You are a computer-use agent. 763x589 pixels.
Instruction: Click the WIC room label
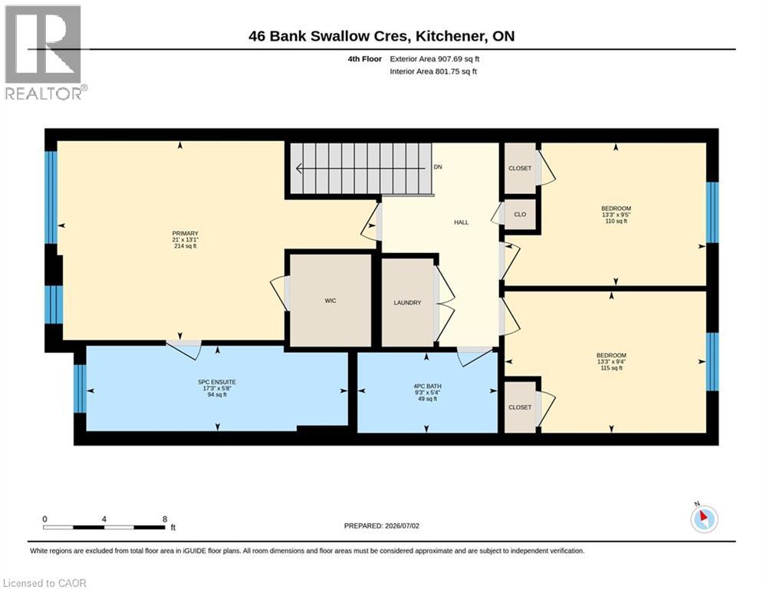tap(331, 301)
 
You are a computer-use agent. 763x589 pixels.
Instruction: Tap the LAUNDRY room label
tap(407, 303)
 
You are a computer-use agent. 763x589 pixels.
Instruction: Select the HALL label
tap(462, 222)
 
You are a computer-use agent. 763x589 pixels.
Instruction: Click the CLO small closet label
tap(520, 214)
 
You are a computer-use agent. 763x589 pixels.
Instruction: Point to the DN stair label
tap(438, 167)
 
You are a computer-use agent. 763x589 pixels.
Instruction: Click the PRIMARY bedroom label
tap(186, 234)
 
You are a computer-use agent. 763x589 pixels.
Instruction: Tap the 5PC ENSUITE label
tap(217, 382)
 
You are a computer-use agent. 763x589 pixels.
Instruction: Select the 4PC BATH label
tap(427, 387)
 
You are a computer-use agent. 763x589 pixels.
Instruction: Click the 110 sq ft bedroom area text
tap(616, 221)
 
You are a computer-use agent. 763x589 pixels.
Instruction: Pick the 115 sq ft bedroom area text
tap(612, 368)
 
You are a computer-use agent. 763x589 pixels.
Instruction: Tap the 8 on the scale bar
tap(165, 519)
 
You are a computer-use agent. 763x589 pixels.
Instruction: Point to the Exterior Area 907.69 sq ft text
tap(435, 59)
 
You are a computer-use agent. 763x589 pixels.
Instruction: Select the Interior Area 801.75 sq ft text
tap(433, 71)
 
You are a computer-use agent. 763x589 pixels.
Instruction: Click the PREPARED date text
tap(382, 525)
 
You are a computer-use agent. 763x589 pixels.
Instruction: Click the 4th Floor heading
tap(364, 59)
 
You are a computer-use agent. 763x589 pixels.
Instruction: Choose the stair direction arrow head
tap(299, 169)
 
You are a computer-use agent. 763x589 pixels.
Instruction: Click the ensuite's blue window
tap(81, 388)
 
